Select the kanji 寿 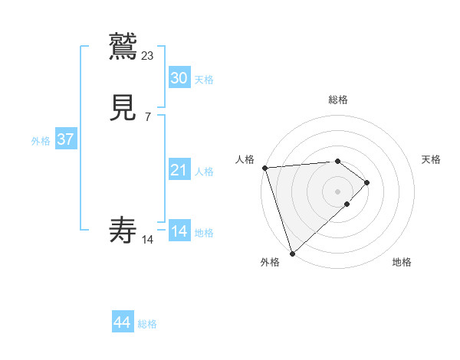point(123,231)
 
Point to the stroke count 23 point(148,55)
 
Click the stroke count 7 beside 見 point(147,117)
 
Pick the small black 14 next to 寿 point(148,240)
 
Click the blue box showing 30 point(179,78)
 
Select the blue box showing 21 point(179,170)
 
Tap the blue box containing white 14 point(179,231)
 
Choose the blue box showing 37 point(65,139)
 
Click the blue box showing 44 point(123,322)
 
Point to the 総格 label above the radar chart point(338,100)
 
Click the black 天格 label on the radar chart point(431,159)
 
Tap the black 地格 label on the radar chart point(402,262)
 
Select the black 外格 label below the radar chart point(270,262)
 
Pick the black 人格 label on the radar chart point(245,159)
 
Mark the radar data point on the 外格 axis point(292,253)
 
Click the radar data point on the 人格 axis point(264,168)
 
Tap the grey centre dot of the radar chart point(338,191)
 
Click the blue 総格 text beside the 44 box point(147,324)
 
